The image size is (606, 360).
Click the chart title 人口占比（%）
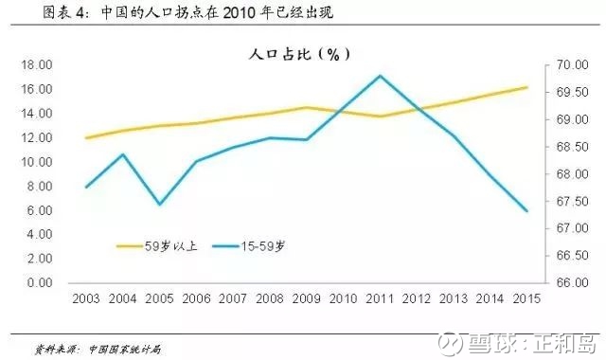[x=299, y=54]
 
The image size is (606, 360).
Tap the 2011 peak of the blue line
[x=380, y=76]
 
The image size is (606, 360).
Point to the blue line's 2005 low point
[x=160, y=204]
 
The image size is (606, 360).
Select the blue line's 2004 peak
[x=123, y=154]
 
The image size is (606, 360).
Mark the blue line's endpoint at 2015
[x=526, y=211]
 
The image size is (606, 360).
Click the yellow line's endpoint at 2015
[x=526, y=87]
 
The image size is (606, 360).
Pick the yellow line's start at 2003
[x=86, y=137]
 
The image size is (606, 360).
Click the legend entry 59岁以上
[x=157, y=246]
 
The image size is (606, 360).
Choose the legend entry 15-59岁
[x=249, y=246]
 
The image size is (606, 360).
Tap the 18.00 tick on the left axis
[x=37, y=65]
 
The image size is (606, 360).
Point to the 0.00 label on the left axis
[x=40, y=282]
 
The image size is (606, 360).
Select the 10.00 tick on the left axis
[x=37, y=162]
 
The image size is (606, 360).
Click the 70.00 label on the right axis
[x=572, y=65]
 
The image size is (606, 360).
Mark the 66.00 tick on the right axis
[x=572, y=282]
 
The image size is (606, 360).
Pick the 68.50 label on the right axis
[x=572, y=147]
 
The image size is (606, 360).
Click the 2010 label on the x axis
[x=343, y=299]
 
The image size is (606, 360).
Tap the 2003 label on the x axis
[x=86, y=299]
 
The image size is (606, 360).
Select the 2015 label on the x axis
[x=526, y=299]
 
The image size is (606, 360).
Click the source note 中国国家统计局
[x=125, y=350]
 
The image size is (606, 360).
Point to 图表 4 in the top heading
[x=62, y=12]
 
